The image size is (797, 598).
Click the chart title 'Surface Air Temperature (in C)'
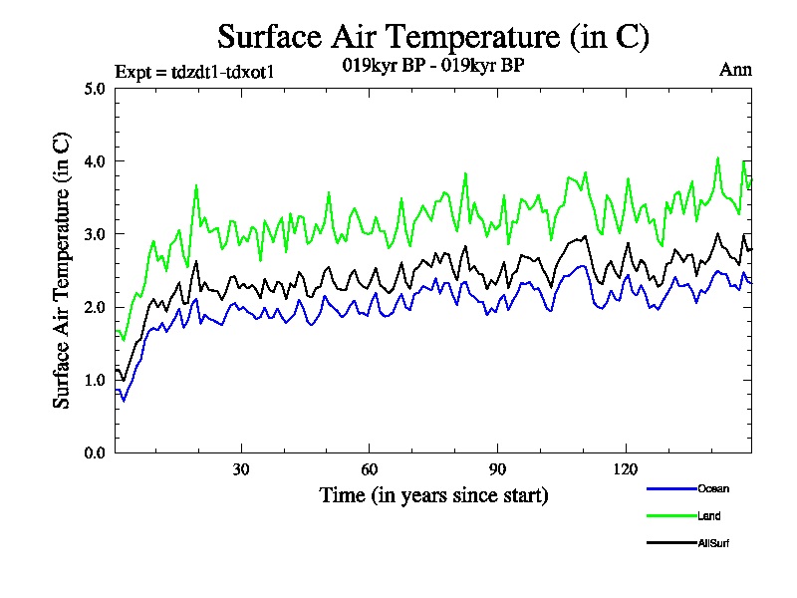pos(433,37)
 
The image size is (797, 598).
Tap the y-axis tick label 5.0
pos(95,88)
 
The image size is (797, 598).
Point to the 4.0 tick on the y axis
pos(95,160)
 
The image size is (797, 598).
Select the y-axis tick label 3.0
pos(95,233)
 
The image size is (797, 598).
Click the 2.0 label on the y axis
pos(95,307)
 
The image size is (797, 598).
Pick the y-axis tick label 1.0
pos(95,380)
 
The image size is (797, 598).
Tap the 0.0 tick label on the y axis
pos(95,452)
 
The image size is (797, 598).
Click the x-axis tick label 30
pos(241,468)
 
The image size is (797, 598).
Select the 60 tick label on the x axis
pos(369,468)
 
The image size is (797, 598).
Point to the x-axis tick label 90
pos(496,468)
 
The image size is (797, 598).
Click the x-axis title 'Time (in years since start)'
pos(433,494)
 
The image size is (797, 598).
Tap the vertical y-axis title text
pos(62,269)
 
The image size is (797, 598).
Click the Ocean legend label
pos(712,488)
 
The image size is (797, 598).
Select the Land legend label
pos(708,516)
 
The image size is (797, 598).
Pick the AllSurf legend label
pos(714,543)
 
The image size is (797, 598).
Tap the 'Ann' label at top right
pos(735,70)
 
